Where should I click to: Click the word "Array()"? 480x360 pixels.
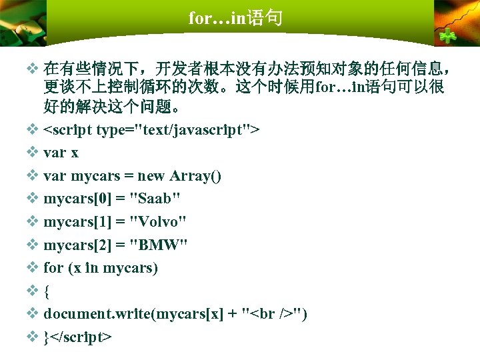(x=196, y=176)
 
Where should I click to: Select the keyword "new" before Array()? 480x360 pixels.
(x=152, y=176)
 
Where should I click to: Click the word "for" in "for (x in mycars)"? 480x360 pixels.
(x=53, y=269)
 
